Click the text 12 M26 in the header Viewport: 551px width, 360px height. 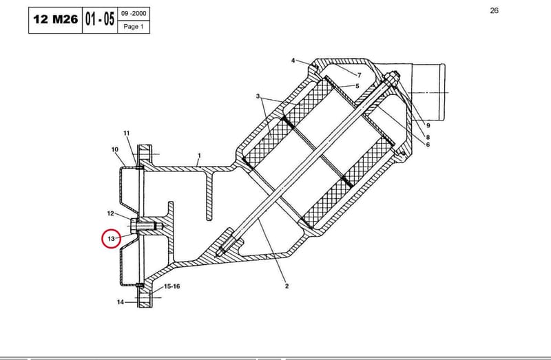coord(56,19)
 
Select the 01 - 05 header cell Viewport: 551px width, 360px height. coord(100,20)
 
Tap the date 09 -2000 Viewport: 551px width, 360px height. coord(134,14)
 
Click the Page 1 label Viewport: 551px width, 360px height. coord(134,27)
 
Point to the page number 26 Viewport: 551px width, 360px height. coord(494,10)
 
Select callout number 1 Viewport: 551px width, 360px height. coord(199,156)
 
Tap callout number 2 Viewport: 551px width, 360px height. coord(287,286)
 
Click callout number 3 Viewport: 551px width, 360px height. coord(258,96)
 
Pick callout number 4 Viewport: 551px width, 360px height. coord(293,61)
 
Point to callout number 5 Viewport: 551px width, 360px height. coord(357,86)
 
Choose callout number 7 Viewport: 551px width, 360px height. coord(359,75)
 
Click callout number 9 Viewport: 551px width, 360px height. coord(428,125)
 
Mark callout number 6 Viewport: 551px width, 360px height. coord(428,145)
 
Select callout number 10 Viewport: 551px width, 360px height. coord(115,149)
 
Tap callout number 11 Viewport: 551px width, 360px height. coord(127,133)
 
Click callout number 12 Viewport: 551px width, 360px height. coord(111,213)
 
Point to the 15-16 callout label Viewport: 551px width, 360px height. coord(171,286)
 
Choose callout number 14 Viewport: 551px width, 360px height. coord(121,302)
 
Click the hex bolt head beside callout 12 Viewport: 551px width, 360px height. coord(134,226)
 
